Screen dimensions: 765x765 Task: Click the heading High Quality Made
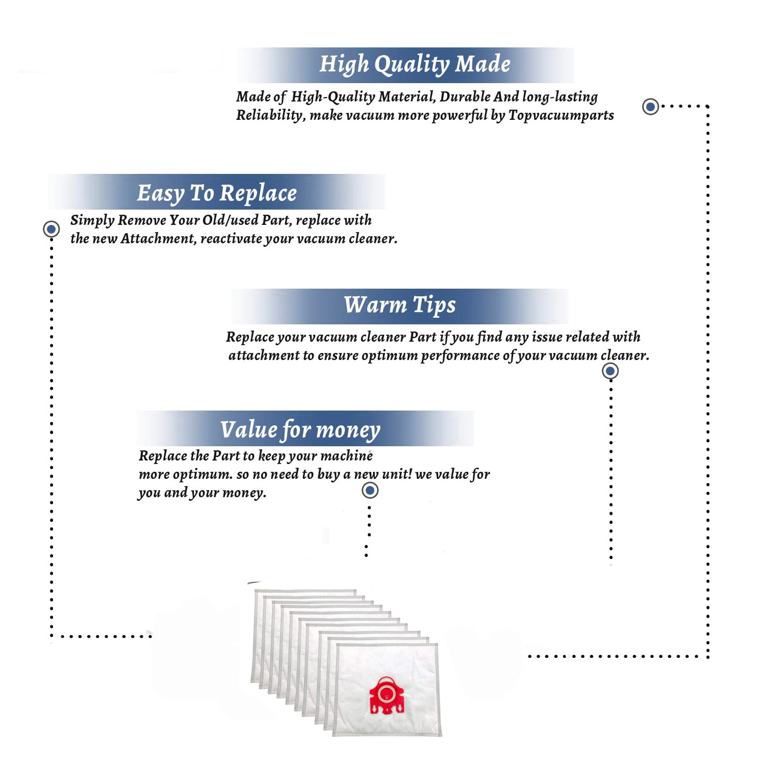click(x=415, y=65)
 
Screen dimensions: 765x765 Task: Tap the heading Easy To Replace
click(x=217, y=193)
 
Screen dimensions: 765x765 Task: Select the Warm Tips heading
click(x=400, y=305)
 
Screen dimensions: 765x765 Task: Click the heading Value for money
click(x=300, y=430)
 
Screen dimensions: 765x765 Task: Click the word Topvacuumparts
click(x=561, y=115)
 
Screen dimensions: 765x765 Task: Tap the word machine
click(x=347, y=455)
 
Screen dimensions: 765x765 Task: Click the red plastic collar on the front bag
click(x=387, y=695)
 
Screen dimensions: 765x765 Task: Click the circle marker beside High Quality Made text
click(x=650, y=107)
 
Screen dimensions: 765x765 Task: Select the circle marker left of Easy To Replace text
click(x=51, y=229)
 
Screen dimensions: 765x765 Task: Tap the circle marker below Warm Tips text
click(x=610, y=371)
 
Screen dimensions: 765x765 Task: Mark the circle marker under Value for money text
click(x=370, y=491)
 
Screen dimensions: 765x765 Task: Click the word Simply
click(x=92, y=220)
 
